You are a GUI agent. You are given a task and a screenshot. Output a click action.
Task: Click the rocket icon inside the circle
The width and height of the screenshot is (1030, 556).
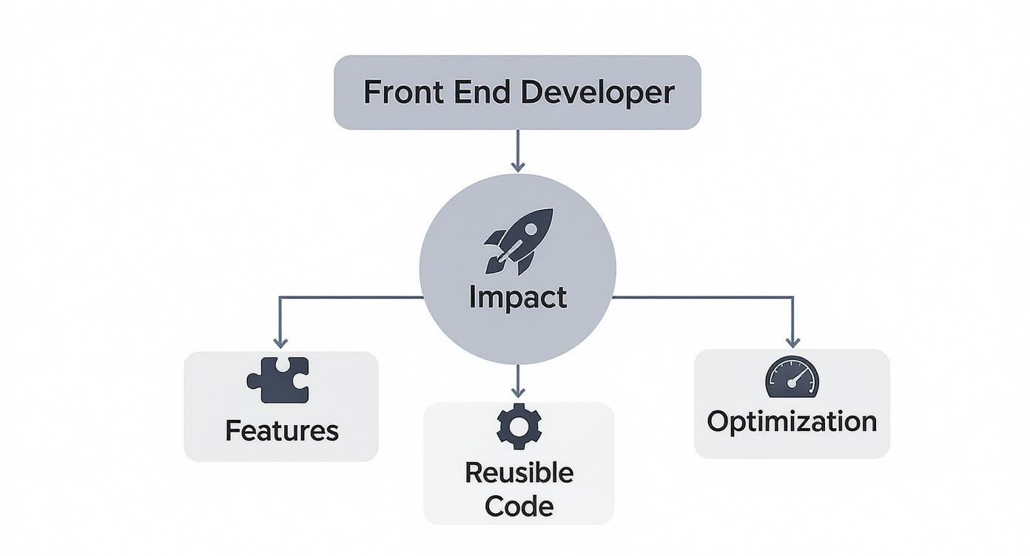(518, 240)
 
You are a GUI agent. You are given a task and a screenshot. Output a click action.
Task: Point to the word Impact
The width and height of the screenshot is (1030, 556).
(518, 297)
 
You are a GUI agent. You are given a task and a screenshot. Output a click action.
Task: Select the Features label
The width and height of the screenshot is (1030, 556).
(282, 430)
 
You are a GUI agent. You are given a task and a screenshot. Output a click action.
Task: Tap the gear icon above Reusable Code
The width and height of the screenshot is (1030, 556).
(519, 426)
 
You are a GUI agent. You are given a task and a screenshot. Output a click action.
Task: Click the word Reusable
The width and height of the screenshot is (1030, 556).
(519, 472)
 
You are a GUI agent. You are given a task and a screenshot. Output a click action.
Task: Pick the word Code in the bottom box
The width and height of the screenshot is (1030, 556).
(519, 506)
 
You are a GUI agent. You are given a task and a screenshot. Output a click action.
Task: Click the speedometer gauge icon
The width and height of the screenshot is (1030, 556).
(792, 377)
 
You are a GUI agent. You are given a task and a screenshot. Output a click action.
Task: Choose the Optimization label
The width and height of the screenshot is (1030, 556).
(792, 421)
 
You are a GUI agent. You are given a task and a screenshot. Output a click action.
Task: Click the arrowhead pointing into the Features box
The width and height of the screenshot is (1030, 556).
(280, 342)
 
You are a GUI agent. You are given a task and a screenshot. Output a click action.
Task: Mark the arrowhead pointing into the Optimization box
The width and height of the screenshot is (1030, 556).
(792, 342)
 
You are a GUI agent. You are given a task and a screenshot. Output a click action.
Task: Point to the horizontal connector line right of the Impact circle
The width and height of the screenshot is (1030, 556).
(703, 297)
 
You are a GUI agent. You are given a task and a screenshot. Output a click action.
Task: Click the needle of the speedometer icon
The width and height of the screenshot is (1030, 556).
(796, 378)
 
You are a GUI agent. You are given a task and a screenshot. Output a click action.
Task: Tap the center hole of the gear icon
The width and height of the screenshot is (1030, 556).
(519, 426)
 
